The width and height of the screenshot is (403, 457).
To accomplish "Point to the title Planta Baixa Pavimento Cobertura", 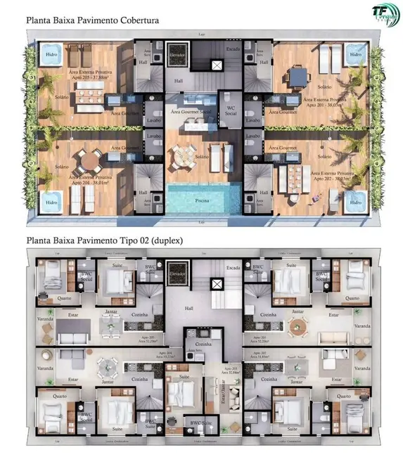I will click(92, 20).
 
